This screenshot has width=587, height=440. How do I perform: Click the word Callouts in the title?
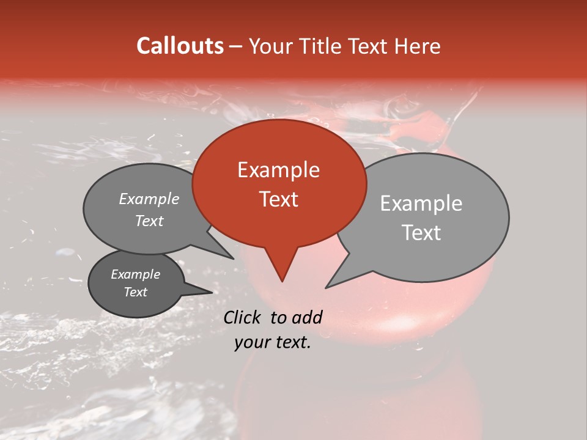(180, 46)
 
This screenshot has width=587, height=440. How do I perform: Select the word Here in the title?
(418, 46)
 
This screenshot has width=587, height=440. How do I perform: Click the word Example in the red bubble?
(278, 170)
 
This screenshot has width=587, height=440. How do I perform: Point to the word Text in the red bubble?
(278, 199)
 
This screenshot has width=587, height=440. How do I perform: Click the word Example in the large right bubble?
(421, 204)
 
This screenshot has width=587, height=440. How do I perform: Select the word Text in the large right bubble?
(422, 233)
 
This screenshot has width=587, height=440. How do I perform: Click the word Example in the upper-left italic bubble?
(149, 199)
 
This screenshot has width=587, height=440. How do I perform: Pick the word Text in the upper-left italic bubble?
(149, 221)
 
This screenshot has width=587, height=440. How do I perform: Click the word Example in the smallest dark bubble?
(135, 274)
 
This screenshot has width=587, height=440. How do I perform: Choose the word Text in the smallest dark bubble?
(135, 292)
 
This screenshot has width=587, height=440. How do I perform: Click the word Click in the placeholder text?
(243, 317)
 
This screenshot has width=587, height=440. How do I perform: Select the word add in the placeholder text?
(307, 317)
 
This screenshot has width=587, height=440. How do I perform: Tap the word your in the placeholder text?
(252, 342)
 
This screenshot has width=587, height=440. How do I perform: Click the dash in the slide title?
(235, 46)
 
